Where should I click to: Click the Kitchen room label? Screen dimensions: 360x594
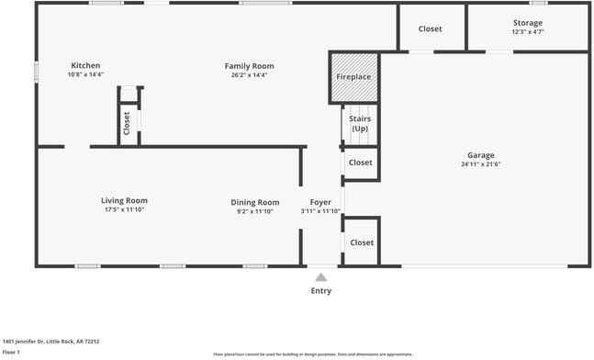[85, 65]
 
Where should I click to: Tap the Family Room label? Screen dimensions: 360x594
[250, 66]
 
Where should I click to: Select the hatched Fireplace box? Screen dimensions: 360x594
[353, 77]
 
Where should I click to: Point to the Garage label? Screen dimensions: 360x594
[480, 155]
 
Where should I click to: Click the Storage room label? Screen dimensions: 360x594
[528, 23]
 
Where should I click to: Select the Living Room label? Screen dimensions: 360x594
[124, 200]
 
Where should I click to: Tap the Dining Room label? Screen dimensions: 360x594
[255, 202]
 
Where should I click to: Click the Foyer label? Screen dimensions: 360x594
[320, 202]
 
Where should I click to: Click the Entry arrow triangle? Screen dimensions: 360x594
[320, 276]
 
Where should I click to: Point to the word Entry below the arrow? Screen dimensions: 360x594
[320, 291]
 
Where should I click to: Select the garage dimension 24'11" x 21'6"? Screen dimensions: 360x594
[480, 164]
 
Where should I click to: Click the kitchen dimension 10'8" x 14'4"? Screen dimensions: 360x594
[85, 74]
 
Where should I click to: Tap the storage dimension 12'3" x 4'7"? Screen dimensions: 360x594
[528, 32]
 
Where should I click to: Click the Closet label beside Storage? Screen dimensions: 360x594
[430, 28]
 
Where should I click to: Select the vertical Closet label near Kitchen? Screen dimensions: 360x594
[127, 120]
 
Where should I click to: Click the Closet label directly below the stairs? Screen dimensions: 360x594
[361, 163]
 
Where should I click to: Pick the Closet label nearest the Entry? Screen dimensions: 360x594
[362, 242]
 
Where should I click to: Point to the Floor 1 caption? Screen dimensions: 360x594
[11, 352]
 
